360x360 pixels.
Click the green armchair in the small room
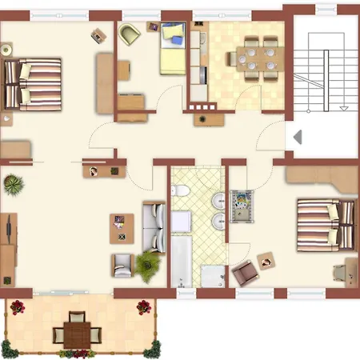(130, 35)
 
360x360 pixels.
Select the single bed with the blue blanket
(171, 48)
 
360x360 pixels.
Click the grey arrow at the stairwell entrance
(298, 137)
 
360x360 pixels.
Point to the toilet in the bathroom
(181, 192)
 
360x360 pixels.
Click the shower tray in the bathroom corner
(214, 274)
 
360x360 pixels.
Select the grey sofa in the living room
(152, 226)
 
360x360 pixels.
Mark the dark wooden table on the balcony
(78, 330)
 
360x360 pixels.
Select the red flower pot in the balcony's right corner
(143, 306)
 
